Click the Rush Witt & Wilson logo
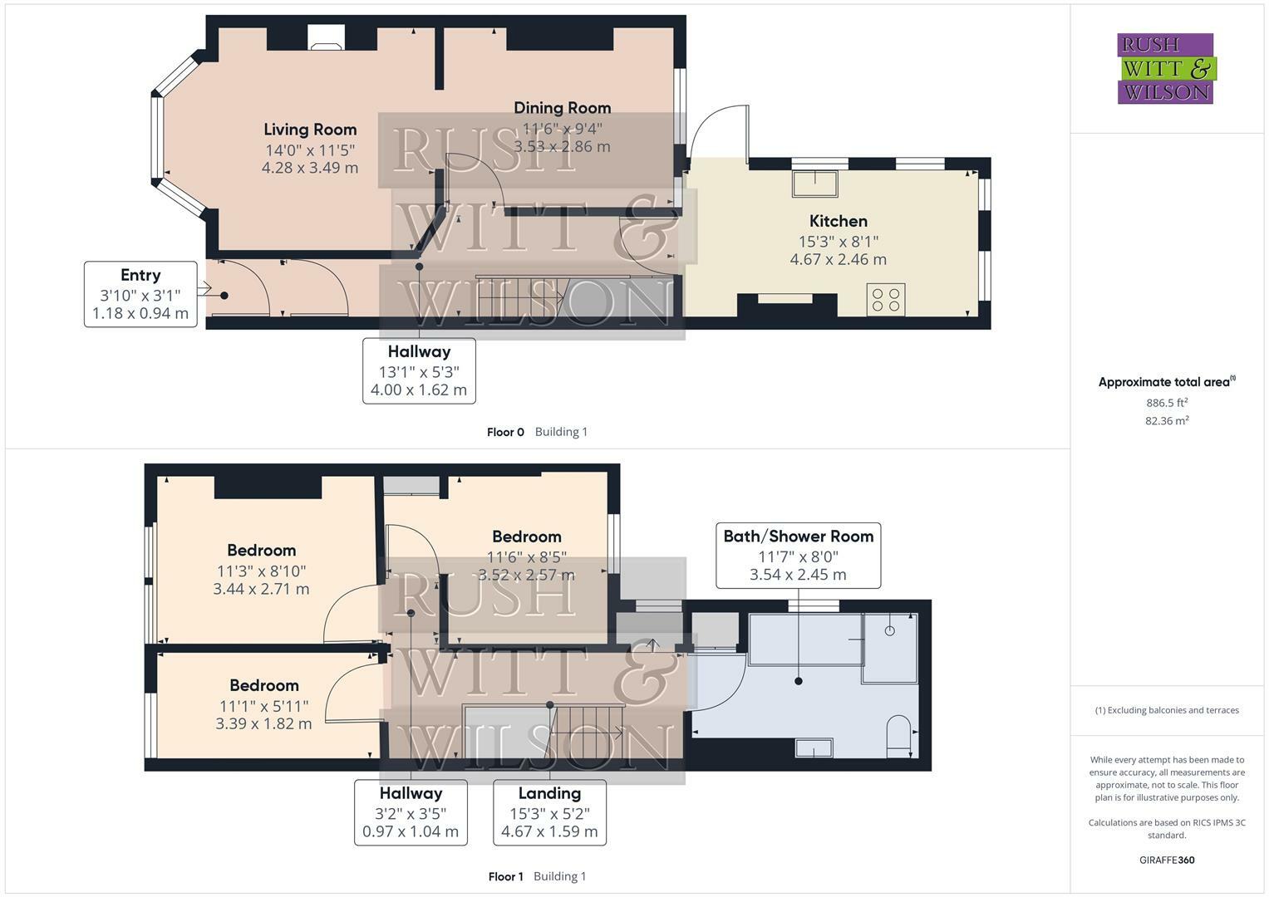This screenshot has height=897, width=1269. click(x=1167, y=68)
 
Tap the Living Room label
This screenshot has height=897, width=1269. click(x=310, y=130)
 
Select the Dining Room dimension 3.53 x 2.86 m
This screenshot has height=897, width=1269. click(x=562, y=147)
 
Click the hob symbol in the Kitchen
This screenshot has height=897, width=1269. click(x=886, y=300)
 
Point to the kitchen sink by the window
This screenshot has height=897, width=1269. click(x=815, y=183)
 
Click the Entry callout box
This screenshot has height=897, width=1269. click(x=140, y=294)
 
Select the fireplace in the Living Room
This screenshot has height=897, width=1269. click(x=326, y=38)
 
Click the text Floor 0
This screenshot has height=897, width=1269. click(x=505, y=432)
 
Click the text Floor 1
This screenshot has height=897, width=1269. click(x=506, y=876)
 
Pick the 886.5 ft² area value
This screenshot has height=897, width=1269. click(x=1167, y=403)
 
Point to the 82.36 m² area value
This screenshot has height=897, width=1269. click(x=1167, y=420)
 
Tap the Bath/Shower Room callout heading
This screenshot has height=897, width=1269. click(x=799, y=537)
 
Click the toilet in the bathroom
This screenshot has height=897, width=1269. click(x=898, y=736)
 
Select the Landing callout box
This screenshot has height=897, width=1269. click(x=549, y=812)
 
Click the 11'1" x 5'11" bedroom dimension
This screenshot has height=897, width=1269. click(x=264, y=706)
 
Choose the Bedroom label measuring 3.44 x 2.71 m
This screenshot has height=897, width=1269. click(x=261, y=551)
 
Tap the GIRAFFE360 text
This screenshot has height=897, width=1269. click(x=1167, y=860)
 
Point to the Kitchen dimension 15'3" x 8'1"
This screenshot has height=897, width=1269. click(x=839, y=242)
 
